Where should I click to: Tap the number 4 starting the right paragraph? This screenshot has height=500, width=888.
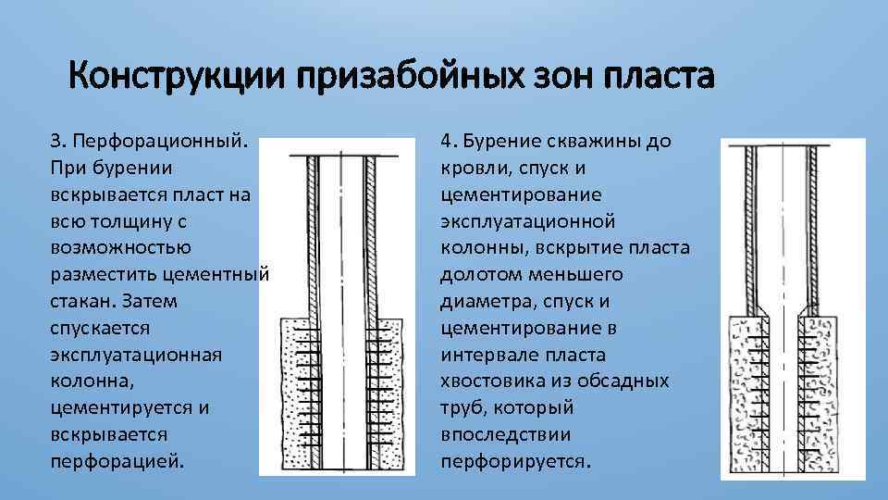click(x=446, y=142)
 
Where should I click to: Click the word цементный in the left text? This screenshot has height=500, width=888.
click(x=218, y=275)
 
